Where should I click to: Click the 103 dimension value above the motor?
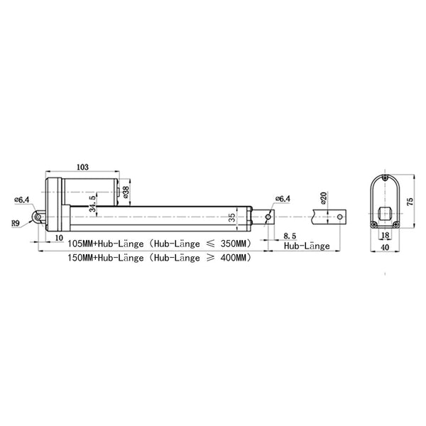[83, 167]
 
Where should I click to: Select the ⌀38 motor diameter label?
[126, 192]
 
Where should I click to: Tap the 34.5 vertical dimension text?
[93, 204]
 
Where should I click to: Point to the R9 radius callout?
[16, 224]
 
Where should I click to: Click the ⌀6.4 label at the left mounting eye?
[22, 200]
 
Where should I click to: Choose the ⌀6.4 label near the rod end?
[283, 199]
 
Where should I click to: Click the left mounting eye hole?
[38, 217]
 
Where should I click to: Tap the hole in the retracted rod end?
[268, 217]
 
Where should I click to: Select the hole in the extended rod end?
[340, 217]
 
